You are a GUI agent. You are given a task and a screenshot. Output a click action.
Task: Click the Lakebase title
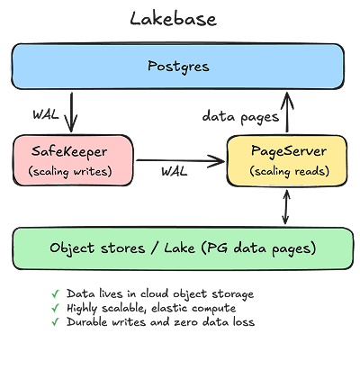(x=173, y=19)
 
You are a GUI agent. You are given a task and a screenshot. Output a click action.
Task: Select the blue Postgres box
(x=177, y=66)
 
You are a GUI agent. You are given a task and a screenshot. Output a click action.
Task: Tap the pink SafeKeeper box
(x=73, y=160)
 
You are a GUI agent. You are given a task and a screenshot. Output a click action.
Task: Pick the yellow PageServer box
(x=287, y=161)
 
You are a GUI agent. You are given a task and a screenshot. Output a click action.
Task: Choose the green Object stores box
(x=183, y=248)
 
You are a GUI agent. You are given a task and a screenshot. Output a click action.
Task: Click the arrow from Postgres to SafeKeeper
(x=71, y=113)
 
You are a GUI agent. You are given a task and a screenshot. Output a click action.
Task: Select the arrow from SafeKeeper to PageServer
(x=180, y=161)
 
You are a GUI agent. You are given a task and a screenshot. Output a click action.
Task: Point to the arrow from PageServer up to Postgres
(x=287, y=113)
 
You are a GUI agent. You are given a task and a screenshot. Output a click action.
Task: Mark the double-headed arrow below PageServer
(x=286, y=207)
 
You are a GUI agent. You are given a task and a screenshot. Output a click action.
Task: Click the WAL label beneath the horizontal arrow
(x=175, y=172)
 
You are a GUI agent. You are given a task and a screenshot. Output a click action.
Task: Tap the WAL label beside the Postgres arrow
(x=46, y=114)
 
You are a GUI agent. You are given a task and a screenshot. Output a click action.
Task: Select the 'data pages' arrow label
(x=240, y=117)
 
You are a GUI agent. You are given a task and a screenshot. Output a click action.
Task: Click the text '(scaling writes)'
(x=70, y=172)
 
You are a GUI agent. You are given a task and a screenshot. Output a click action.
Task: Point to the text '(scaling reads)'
(x=290, y=171)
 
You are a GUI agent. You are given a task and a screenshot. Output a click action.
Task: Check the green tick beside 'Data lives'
(x=55, y=293)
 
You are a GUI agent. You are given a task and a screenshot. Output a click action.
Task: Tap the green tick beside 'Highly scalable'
(x=55, y=308)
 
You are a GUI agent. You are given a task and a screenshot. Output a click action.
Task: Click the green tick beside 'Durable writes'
(x=55, y=322)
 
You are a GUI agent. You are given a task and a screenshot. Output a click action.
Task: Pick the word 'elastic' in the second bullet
(x=169, y=308)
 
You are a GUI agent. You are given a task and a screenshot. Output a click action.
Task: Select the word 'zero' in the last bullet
(x=185, y=322)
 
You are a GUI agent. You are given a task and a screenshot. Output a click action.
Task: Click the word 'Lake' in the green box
(x=179, y=248)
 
